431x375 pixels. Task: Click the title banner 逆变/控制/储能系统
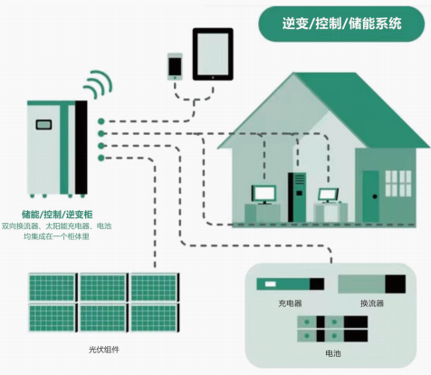341,24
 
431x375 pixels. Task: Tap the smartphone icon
175,67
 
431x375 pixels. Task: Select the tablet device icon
213,54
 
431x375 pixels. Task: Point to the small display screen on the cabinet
43,124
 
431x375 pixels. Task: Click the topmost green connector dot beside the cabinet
101,121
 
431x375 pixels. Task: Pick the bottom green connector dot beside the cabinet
101,158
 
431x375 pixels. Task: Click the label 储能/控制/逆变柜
57,215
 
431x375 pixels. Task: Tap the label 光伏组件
104,350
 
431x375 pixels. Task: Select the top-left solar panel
53,287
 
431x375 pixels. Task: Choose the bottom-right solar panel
155,318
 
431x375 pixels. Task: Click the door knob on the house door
375,197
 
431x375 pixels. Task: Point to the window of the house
398,184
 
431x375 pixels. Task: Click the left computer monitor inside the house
263,195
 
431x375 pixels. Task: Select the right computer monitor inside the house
328,196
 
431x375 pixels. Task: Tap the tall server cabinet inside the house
297,197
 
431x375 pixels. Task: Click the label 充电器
290,303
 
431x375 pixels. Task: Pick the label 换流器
372,303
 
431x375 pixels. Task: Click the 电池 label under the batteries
333,353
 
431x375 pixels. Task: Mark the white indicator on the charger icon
271,284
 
